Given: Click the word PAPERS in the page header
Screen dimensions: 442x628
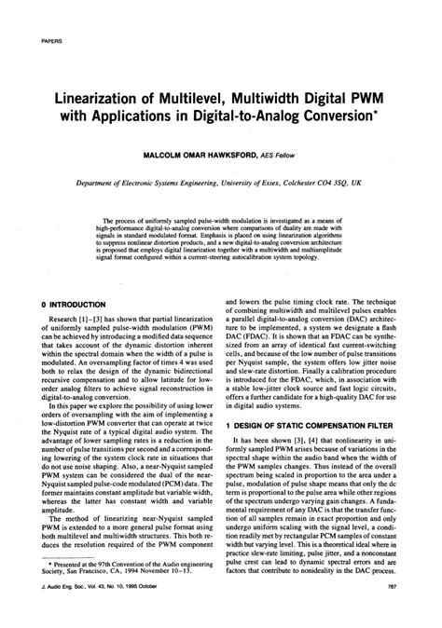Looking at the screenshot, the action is pos(54,41).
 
